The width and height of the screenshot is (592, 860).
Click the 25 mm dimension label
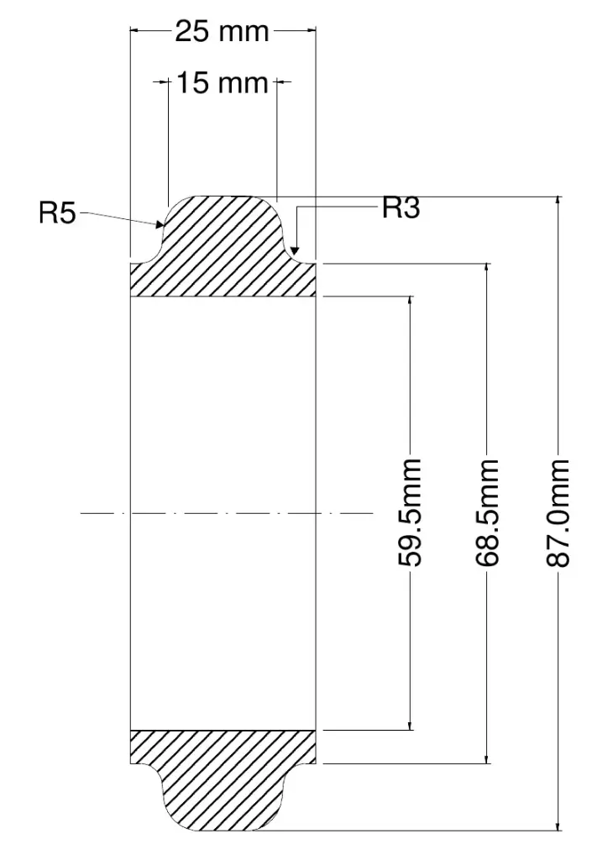(x=222, y=32)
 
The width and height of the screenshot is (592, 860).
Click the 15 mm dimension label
(x=222, y=83)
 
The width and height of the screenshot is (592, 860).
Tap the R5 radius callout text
(x=57, y=212)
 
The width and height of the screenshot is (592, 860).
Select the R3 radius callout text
(x=401, y=208)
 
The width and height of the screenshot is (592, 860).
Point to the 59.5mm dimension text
(x=410, y=513)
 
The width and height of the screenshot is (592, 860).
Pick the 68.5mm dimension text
(x=487, y=513)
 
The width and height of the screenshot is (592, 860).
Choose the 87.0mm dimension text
(x=558, y=513)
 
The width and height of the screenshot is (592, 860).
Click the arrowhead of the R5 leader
(x=160, y=223)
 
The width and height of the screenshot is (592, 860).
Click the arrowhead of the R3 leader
(x=295, y=249)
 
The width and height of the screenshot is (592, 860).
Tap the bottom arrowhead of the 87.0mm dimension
(x=558, y=826)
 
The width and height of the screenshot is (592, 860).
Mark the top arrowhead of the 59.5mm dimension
(x=410, y=302)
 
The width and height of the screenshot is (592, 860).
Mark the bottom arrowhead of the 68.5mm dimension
(x=487, y=758)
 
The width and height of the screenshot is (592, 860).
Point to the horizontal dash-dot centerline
(x=227, y=513)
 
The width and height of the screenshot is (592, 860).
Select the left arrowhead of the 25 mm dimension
(x=135, y=31)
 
